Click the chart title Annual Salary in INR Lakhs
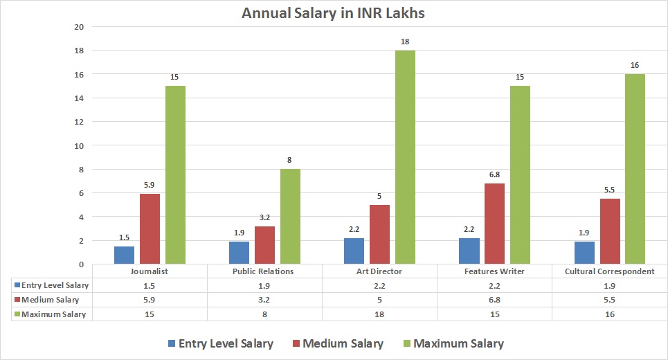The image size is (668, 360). click(x=334, y=13)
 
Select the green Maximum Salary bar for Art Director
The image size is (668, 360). click(x=405, y=157)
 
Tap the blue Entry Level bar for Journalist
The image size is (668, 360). click(x=124, y=255)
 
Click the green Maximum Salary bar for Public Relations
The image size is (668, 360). click(x=290, y=216)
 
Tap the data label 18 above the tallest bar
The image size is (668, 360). click(x=405, y=42)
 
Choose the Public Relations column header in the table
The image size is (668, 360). click(x=265, y=271)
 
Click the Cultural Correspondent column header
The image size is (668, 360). click(x=610, y=271)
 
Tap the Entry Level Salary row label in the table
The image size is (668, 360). click(x=55, y=285)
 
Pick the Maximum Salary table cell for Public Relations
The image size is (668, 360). click(x=265, y=314)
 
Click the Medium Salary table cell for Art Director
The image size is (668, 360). click(x=380, y=300)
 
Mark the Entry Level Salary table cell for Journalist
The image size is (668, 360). click(x=150, y=285)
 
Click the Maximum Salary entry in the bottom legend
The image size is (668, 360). click(x=459, y=343)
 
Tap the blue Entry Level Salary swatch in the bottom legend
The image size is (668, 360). click(x=172, y=343)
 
